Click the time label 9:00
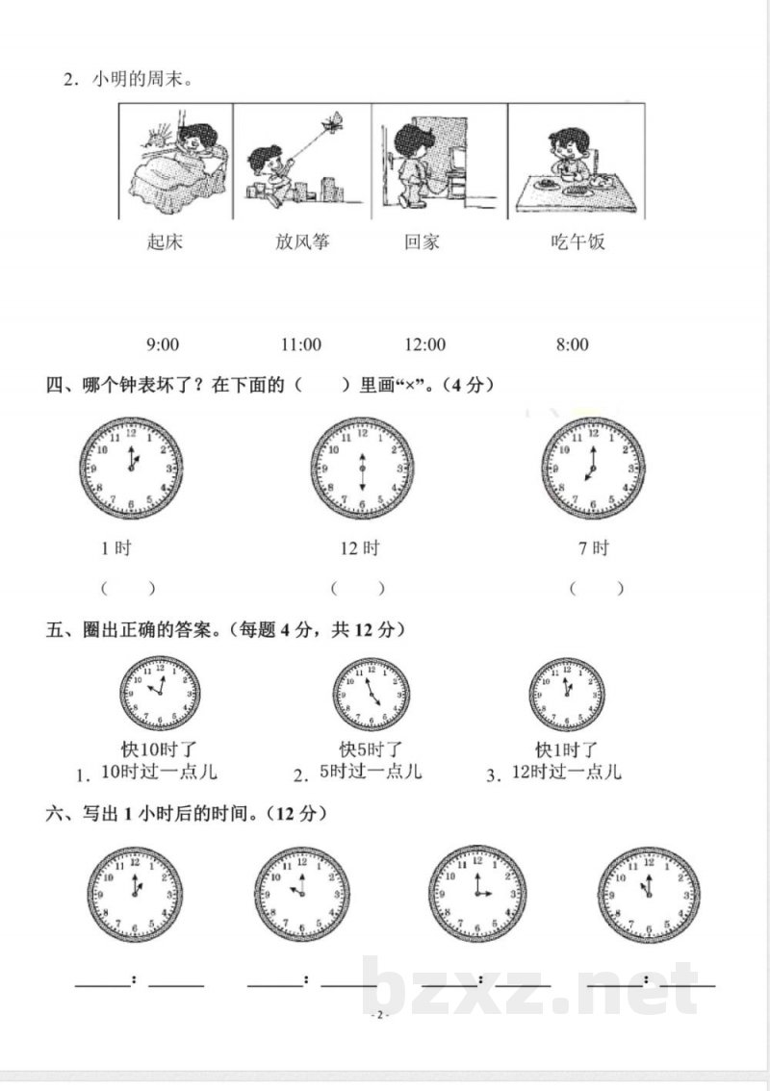pos(163,344)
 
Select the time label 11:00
pos(300,344)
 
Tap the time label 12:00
pos(424,344)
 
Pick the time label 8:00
pos(572,344)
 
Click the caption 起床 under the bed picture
pos(165,241)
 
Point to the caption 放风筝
pos(301,241)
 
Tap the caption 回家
pos(422,241)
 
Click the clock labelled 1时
pos(131,469)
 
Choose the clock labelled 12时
pos(362,469)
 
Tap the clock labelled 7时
pos(593,469)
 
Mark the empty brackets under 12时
pos(357,588)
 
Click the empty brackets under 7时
pos(596,588)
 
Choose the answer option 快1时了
pos(567,748)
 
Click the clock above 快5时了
pos(371,695)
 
